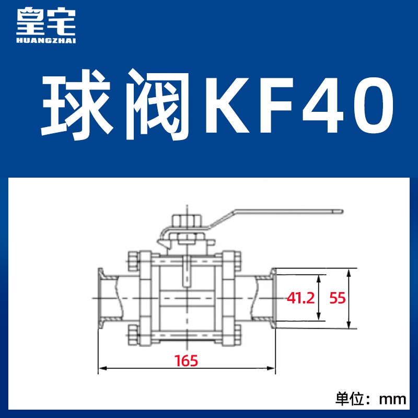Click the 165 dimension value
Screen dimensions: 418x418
point(187,360)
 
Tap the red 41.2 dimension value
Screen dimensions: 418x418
point(300,298)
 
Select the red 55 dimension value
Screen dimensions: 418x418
point(338,298)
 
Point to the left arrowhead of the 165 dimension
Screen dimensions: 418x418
point(101,368)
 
